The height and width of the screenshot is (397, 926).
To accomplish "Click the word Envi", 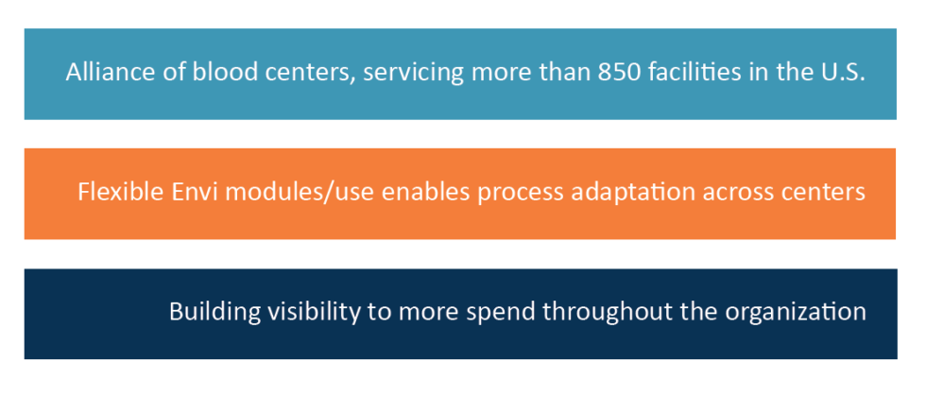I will (x=186, y=193).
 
